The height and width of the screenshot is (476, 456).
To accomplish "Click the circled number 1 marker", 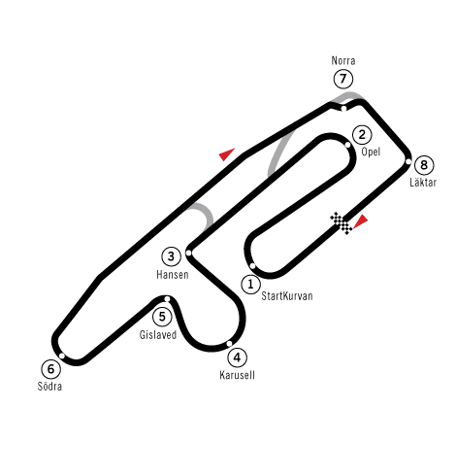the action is point(250,285).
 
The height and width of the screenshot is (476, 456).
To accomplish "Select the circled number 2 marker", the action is point(362,134).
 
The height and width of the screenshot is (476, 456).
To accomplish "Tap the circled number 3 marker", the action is point(171,256).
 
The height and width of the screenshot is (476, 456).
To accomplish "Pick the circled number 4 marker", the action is point(238,357).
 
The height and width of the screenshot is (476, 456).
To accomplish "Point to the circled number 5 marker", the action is point(162,316).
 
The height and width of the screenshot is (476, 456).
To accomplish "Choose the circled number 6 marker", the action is point(50,369).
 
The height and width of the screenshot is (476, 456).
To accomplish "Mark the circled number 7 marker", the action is point(343,79).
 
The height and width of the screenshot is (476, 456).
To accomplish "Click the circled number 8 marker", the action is point(424,165).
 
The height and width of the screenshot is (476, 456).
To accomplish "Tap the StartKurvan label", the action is point(287,296).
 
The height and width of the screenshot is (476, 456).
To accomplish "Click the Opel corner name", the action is point(371,152).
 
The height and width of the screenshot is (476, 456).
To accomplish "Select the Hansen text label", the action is point(173,275).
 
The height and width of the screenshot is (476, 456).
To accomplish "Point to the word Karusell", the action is point(237,375).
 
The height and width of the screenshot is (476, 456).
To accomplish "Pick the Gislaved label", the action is point(158,334).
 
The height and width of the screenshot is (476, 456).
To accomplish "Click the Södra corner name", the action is point(49,386).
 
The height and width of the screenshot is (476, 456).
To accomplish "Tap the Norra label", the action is point(343,60).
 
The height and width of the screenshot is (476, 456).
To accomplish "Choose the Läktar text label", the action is point(423,182).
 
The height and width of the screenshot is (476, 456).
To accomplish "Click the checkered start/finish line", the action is point(342,223).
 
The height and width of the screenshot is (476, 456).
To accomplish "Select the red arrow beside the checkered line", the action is point(361,221).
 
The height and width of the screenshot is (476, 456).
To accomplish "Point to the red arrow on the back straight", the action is point(226,154).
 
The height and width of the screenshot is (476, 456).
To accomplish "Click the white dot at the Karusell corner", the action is point(229,344).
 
